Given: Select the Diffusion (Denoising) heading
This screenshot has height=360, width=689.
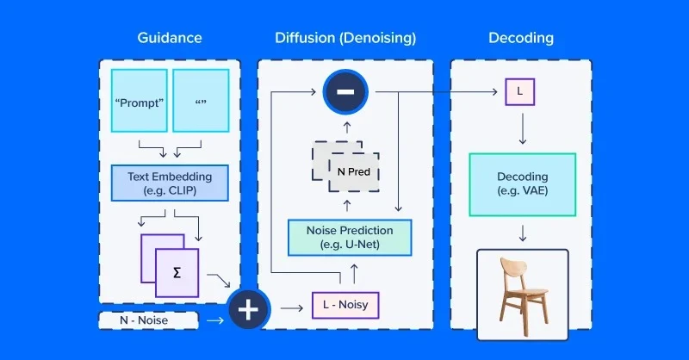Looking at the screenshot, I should click(x=345, y=38).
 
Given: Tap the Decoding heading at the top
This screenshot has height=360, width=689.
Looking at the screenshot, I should click(x=521, y=38).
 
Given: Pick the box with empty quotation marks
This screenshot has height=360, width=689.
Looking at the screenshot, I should click(x=201, y=100).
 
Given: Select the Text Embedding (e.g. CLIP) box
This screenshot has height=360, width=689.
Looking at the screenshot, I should click(x=170, y=183).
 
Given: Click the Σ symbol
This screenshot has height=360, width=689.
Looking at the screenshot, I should click(x=177, y=272).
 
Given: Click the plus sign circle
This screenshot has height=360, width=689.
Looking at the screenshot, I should click(x=248, y=310).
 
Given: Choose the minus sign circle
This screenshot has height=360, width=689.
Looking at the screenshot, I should click(x=344, y=91).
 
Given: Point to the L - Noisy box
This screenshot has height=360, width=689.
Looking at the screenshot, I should click(x=345, y=305).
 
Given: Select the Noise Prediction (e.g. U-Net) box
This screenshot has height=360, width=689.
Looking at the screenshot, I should click(x=350, y=237).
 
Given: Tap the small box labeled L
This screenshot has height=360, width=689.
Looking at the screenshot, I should click(x=520, y=91).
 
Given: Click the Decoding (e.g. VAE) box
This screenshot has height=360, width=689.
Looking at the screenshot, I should click(x=522, y=184).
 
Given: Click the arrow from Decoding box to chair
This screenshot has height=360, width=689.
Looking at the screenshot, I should click(x=522, y=232).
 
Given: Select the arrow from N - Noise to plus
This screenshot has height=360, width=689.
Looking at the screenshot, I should click(x=214, y=320).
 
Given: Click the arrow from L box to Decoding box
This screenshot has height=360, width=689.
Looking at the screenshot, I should click(x=521, y=129).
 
